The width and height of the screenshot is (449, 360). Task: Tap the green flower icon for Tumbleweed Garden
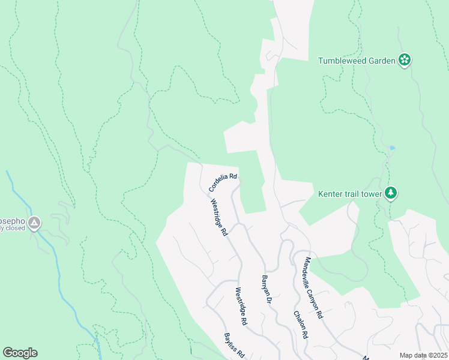click(x=405, y=59)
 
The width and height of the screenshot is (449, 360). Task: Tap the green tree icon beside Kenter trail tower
click(x=391, y=193)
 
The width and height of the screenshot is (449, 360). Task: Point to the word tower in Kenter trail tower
click(x=371, y=193)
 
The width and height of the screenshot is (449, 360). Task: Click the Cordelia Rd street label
click(x=223, y=183)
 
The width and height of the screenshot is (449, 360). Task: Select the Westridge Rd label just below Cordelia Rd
click(x=218, y=217)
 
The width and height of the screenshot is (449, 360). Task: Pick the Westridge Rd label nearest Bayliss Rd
click(x=241, y=306)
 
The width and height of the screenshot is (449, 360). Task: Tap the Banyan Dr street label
click(x=267, y=289)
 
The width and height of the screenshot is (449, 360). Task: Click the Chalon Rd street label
click(x=301, y=325)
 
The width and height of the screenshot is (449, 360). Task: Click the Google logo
click(x=20, y=353)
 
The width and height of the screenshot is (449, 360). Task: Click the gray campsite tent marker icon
click(x=34, y=223)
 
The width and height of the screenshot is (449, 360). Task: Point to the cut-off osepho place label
click(x=12, y=220)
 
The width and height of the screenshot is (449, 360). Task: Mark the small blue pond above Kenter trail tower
click(x=392, y=147)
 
